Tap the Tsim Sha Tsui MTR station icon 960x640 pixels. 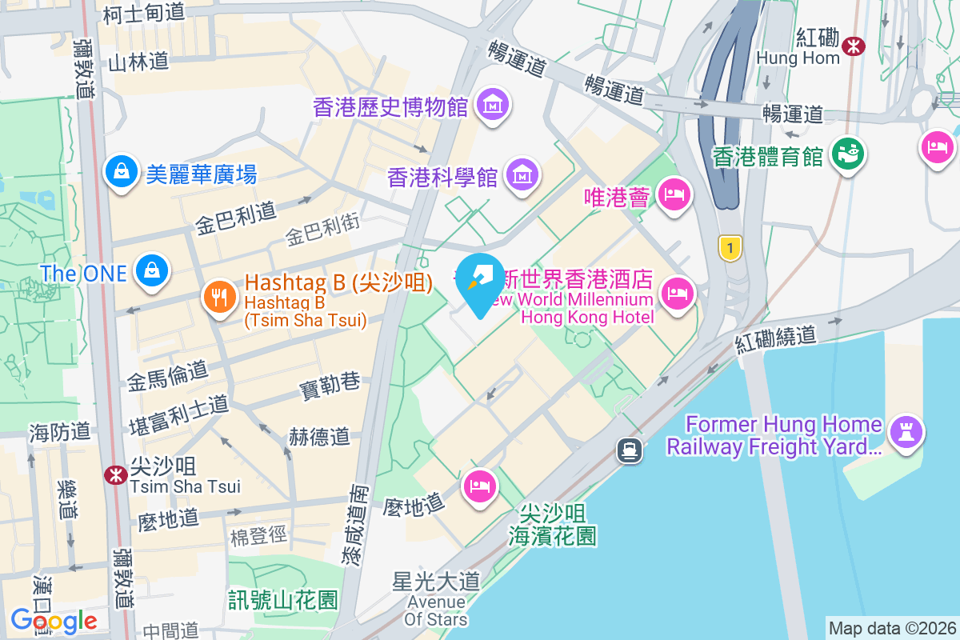116,474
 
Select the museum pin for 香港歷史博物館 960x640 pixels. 494,104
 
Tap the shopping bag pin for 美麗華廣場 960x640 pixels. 122,171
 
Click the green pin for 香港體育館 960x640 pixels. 848,152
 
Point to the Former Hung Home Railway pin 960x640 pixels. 906,433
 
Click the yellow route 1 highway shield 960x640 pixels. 729,247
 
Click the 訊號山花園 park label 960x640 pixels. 283,599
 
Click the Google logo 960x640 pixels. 54,621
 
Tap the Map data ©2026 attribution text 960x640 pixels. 892,628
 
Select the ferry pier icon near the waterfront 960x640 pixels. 630,450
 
